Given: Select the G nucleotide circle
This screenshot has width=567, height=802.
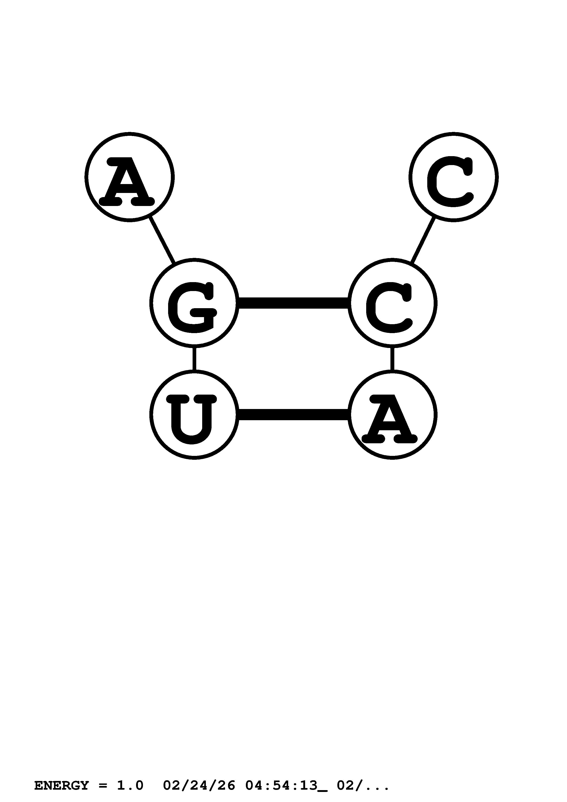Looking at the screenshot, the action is [194, 303].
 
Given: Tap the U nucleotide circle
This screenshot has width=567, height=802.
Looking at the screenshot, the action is [194, 415].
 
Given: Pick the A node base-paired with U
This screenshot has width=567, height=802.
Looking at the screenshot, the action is [392, 415].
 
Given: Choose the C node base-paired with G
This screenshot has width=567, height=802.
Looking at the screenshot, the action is [392, 303].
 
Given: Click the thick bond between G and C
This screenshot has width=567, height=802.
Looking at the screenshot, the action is [293, 303].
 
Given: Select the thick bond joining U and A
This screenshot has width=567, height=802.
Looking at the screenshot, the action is [293, 415].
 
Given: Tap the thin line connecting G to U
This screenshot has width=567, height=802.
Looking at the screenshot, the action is [194, 359].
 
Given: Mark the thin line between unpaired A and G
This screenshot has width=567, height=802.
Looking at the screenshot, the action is [162, 240].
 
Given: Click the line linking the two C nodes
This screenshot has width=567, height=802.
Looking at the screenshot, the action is [423, 240].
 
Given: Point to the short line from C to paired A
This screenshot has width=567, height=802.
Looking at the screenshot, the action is [392, 359].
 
